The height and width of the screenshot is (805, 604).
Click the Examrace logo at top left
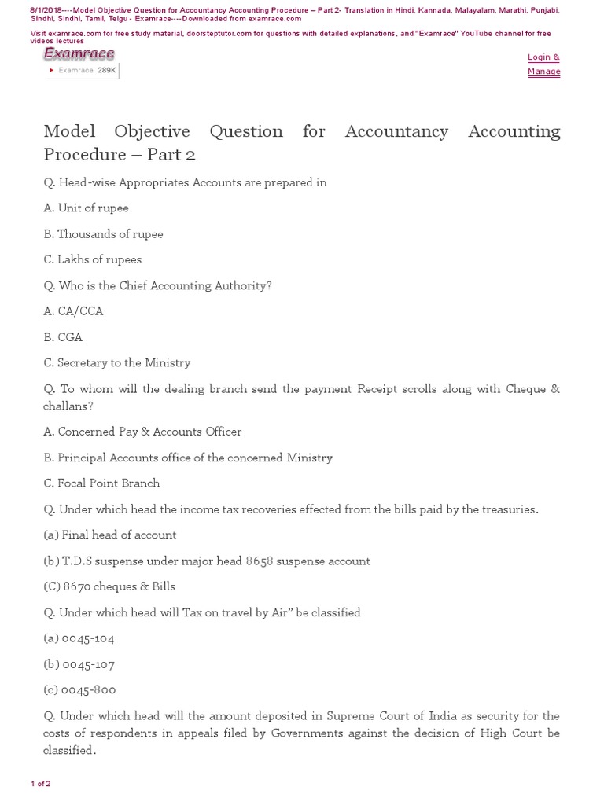pyautogui.click(x=79, y=53)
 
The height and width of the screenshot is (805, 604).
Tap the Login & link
pyautogui.click(x=543, y=57)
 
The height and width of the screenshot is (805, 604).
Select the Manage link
pyautogui.click(x=543, y=72)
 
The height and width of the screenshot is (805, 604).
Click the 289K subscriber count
pyautogui.click(x=107, y=70)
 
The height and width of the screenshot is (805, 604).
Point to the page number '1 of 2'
pyautogui.click(x=40, y=784)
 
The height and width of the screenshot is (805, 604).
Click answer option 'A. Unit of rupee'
pyautogui.click(x=86, y=208)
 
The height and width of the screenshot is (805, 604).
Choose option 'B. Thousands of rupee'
pyautogui.click(x=103, y=234)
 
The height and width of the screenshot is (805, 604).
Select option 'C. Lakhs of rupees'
pyautogui.click(x=93, y=259)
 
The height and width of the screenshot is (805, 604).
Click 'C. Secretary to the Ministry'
pyautogui.click(x=117, y=363)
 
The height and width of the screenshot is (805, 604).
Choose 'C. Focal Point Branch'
pyautogui.click(x=101, y=483)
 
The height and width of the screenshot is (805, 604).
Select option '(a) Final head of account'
pyautogui.click(x=110, y=535)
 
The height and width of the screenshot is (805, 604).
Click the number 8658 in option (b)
pyautogui.click(x=260, y=561)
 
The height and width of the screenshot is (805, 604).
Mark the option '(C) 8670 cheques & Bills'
pyautogui.click(x=109, y=586)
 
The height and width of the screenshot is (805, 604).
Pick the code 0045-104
pyautogui.click(x=88, y=638)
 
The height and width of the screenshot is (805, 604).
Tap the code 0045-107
pyautogui.click(x=88, y=664)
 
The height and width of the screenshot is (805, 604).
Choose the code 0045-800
pyautogui.click(x=88, y=690)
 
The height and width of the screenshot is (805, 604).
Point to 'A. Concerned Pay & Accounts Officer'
pyautogui.click(x=142, y=432)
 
